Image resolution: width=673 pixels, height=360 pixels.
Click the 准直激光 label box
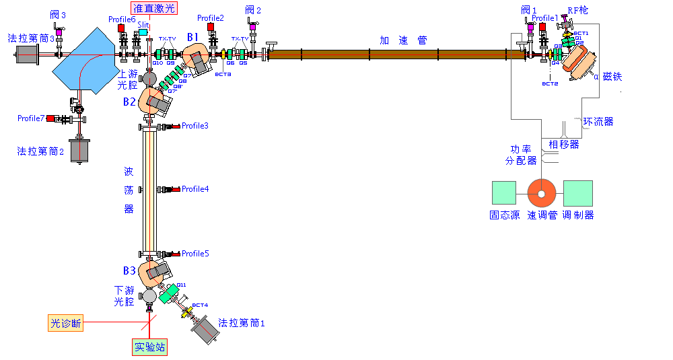(153, 8)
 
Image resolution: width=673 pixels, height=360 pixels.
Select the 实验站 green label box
(149, 347)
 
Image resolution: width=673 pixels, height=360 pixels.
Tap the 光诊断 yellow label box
(66, 323)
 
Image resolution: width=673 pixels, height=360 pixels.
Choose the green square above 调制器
(577, 193)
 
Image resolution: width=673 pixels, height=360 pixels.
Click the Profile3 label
(195, 126)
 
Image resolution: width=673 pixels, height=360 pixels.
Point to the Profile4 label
(195, 189)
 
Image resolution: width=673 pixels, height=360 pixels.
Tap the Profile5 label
(195, 254)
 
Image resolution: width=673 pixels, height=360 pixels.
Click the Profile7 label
(31, 118)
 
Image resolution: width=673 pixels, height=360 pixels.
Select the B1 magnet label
(193, 36)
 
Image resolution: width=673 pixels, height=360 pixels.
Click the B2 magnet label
(130, 102)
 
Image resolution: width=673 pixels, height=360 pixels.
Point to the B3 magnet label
(130, 271)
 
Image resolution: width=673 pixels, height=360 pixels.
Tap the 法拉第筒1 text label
(242, 323)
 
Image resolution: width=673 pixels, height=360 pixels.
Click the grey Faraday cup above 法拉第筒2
(80, 149)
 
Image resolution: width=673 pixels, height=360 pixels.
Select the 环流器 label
(598, 122)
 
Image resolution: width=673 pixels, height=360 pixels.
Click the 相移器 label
(563, 145)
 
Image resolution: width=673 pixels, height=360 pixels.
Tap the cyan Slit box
(143, 32)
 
